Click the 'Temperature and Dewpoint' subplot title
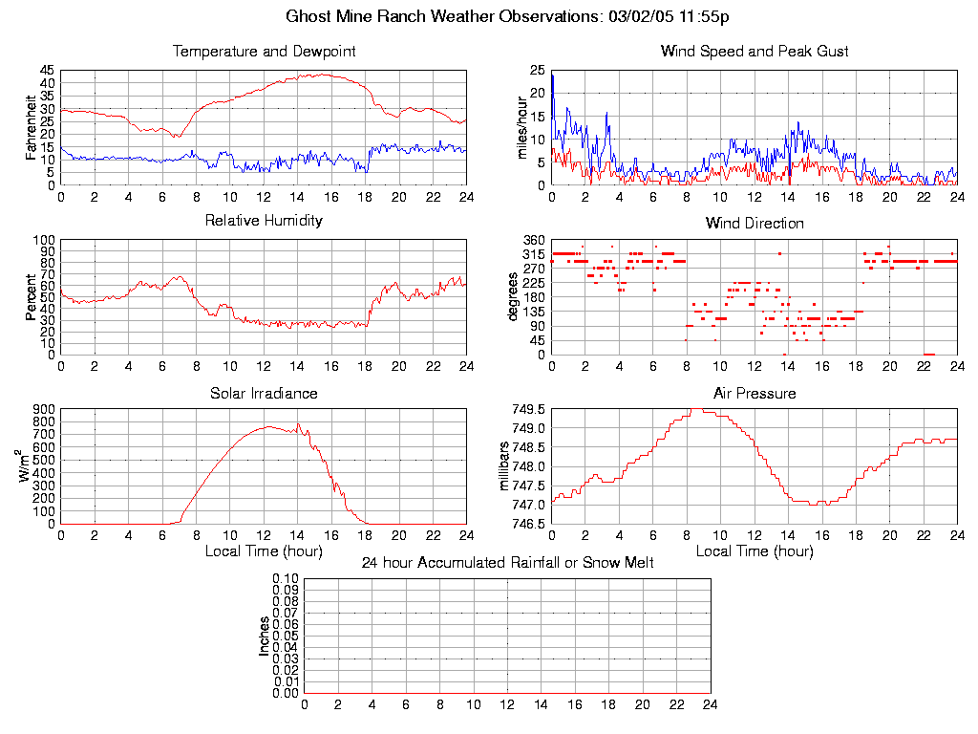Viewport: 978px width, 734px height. pos(264,52)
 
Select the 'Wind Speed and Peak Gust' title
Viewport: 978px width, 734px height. pos(755,52)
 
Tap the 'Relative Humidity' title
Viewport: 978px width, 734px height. pos(264,221)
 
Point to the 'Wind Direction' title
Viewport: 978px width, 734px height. pos(755,224)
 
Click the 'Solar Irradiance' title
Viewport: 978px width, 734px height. pos(264,394)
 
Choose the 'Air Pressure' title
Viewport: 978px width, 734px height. pos(755,394)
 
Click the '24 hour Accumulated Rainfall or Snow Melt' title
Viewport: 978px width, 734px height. pos(508,563)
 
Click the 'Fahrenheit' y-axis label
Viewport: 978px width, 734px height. pos(32,127)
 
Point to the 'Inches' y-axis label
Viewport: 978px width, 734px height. pos(265,636)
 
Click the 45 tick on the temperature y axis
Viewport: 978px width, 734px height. pos(47,71)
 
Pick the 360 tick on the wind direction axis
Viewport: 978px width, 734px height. pos(533,240)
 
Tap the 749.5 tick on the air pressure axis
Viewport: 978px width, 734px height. pos(528,409)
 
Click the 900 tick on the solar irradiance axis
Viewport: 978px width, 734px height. pos(44,409)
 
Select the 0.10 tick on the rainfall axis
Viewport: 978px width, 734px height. pos(286,578)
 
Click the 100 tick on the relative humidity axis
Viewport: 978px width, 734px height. pos(44,240)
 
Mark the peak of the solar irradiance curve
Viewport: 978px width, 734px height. pos(299,424)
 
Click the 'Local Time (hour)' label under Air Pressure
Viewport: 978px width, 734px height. pos(755,550)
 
